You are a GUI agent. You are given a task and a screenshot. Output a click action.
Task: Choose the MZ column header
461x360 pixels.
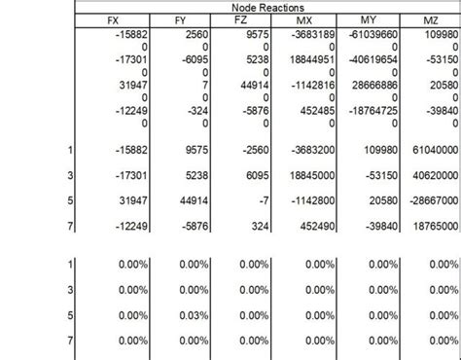tap(430, 19)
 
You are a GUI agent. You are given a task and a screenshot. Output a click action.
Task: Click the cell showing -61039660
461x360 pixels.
tap(366, 34)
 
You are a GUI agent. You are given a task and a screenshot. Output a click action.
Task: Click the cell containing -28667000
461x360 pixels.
tap(432, 201)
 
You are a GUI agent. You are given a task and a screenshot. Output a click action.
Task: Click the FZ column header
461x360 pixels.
tap(243, 19)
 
